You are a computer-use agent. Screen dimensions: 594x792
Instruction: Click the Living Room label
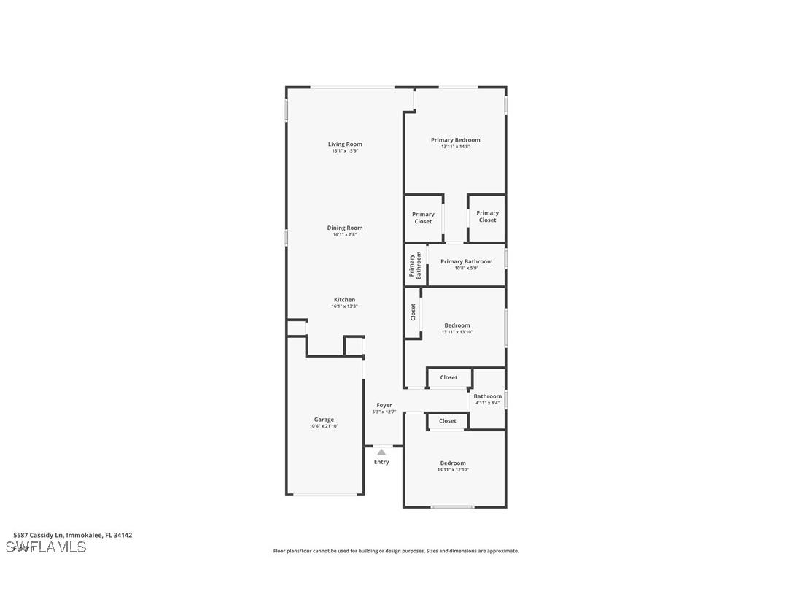coord(345,144)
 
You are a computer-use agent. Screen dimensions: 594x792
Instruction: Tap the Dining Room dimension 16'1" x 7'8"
coord(345,234)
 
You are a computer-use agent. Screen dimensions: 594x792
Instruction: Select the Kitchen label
coord(345,299)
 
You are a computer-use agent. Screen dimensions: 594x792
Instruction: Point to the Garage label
coord(324,420)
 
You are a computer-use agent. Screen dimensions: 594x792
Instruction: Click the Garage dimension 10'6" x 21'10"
coord(324,426)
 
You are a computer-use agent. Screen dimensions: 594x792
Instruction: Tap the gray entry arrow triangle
coord(381,452)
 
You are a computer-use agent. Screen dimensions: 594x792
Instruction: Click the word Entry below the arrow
coord(381,462)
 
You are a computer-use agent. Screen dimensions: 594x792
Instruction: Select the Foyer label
coord(384,405)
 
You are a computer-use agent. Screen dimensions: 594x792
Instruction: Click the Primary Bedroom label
coord(455,139)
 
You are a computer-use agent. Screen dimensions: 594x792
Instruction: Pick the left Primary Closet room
coord(423,217)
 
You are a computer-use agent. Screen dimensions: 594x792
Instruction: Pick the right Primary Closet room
coord(487,217)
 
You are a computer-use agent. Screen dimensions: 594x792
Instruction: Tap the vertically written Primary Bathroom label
coord(414,266)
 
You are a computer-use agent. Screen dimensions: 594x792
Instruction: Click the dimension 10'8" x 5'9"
coord(466,268)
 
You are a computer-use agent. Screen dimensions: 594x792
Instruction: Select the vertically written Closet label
coord(413,312)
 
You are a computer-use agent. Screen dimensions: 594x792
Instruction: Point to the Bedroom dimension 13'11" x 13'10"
coord(457,332)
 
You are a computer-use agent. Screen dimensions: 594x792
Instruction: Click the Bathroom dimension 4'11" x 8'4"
coord(487,403)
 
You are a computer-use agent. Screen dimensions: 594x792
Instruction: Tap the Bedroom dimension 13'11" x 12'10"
coord(453,470)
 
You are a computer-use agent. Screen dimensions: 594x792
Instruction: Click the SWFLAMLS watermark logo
coord(46,547)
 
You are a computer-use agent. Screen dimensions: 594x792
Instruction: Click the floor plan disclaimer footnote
coord(396,551)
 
